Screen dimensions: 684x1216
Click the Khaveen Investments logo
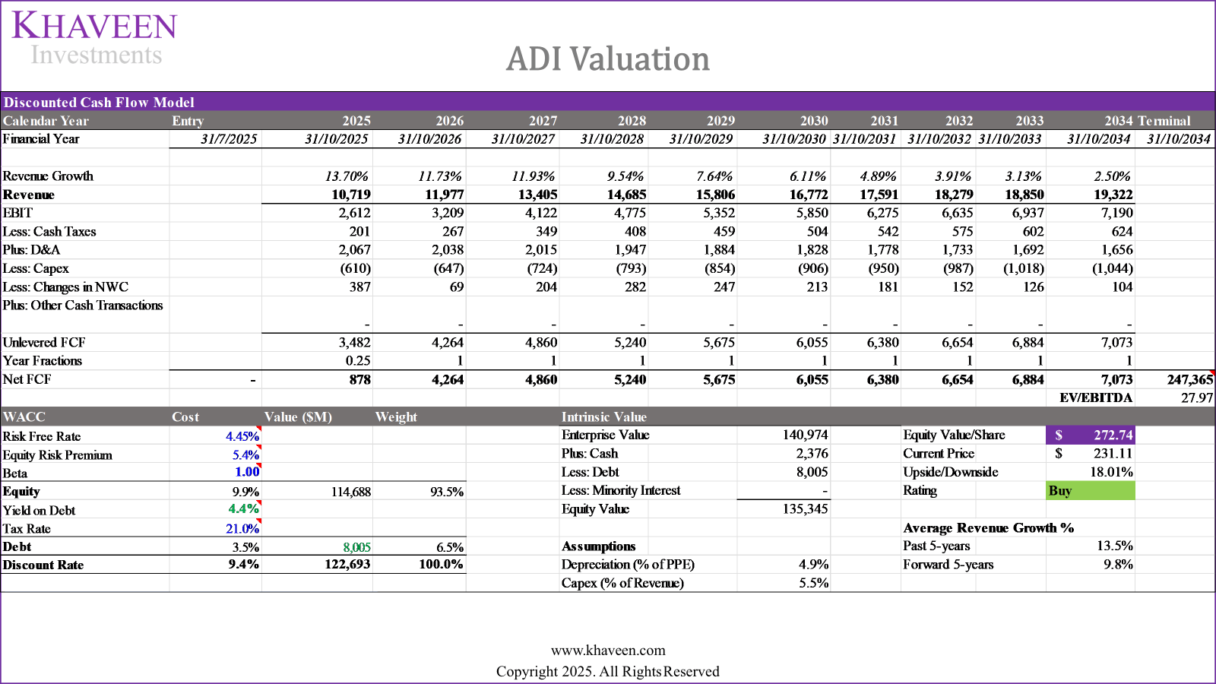pos(95,38)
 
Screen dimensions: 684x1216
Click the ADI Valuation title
pos(608,59)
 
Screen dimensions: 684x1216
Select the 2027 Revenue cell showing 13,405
pos(537,195)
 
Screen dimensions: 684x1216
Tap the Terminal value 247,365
pos(1189,379)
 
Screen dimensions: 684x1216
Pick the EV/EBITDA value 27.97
pos(1196,397)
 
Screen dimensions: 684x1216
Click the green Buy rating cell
pos(1090,491)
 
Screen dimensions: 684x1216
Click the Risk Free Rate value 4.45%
pos(242,436)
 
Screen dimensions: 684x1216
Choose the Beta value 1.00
pos(247,472)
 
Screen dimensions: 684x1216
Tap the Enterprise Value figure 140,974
pos(805,435)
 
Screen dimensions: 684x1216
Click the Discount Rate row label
pos(43,565)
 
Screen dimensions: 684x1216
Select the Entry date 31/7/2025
pos(229,139)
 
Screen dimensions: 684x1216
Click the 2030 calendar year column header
pos(813,121)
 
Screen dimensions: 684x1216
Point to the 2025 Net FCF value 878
pos(359,379)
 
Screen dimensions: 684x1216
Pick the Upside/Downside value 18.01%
pos(1111,472)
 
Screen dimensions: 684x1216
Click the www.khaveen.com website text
pos(608,651)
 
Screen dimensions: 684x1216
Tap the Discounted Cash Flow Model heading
pos(99,103)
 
